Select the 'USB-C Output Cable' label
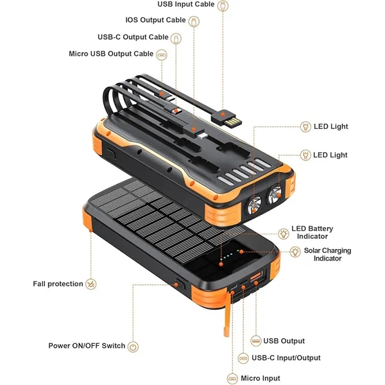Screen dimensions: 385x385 coord(133,37)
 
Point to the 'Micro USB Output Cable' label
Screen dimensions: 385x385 coord(111,54)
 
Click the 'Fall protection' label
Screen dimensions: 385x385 coord(58,284)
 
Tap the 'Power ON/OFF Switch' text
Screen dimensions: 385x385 coord(87,346)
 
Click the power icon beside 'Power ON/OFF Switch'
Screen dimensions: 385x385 coord(133,346)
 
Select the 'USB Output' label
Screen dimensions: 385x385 coord(284,341)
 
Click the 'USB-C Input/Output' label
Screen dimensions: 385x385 coord(286,357)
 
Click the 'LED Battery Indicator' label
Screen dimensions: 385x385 coord(312,232)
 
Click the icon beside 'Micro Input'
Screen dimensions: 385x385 coord(232,378)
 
